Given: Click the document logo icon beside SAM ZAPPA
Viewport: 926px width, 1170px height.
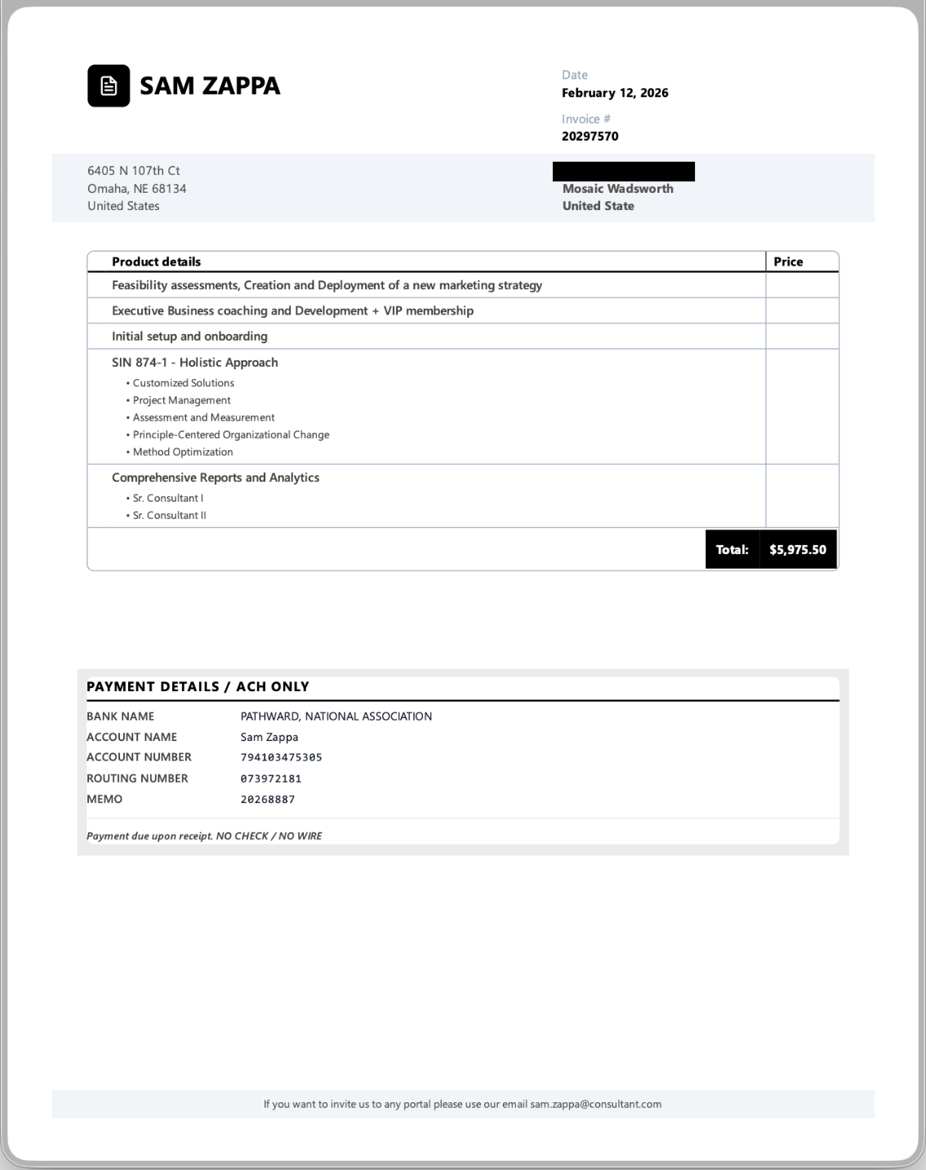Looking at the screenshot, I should tap(109, 86).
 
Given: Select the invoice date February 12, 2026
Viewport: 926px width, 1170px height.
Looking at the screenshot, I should tap(615, 93).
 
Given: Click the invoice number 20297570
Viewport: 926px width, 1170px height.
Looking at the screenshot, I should tap(590, 136).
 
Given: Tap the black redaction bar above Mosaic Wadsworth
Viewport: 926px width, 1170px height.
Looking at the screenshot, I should tap(623, 172).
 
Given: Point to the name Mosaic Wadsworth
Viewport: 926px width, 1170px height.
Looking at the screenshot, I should tap(617, 189).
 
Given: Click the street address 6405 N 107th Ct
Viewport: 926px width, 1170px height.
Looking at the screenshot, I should tap(134, 171).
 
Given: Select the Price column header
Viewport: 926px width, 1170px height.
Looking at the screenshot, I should tap(788, 261).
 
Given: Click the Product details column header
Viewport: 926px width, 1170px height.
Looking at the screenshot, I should tap(156, 261).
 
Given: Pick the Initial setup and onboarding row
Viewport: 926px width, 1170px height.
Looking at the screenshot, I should tap(189, 336).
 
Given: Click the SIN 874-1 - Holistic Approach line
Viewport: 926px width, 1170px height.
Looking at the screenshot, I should tap(194, 363).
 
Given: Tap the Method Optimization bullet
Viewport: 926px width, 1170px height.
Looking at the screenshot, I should tap(183, 452).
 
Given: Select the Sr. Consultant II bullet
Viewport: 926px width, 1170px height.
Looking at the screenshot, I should tap(169, 516).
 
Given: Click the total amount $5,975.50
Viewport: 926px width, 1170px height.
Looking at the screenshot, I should tap(797, 550).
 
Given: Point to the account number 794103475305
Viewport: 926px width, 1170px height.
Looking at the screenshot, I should tap(281, 757).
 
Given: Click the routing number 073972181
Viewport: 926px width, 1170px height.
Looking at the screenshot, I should tap(270, 779).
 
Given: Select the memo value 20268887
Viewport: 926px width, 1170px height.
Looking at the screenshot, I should tap(267, 800).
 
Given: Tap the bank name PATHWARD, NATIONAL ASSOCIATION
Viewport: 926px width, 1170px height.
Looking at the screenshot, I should tap(336, 717).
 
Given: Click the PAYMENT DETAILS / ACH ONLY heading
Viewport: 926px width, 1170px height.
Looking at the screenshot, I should tap(198, 686).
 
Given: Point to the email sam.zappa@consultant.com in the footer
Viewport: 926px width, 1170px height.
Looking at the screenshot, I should tap(595, 1104).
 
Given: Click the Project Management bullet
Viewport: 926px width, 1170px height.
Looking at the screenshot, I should tap(181, 400).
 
